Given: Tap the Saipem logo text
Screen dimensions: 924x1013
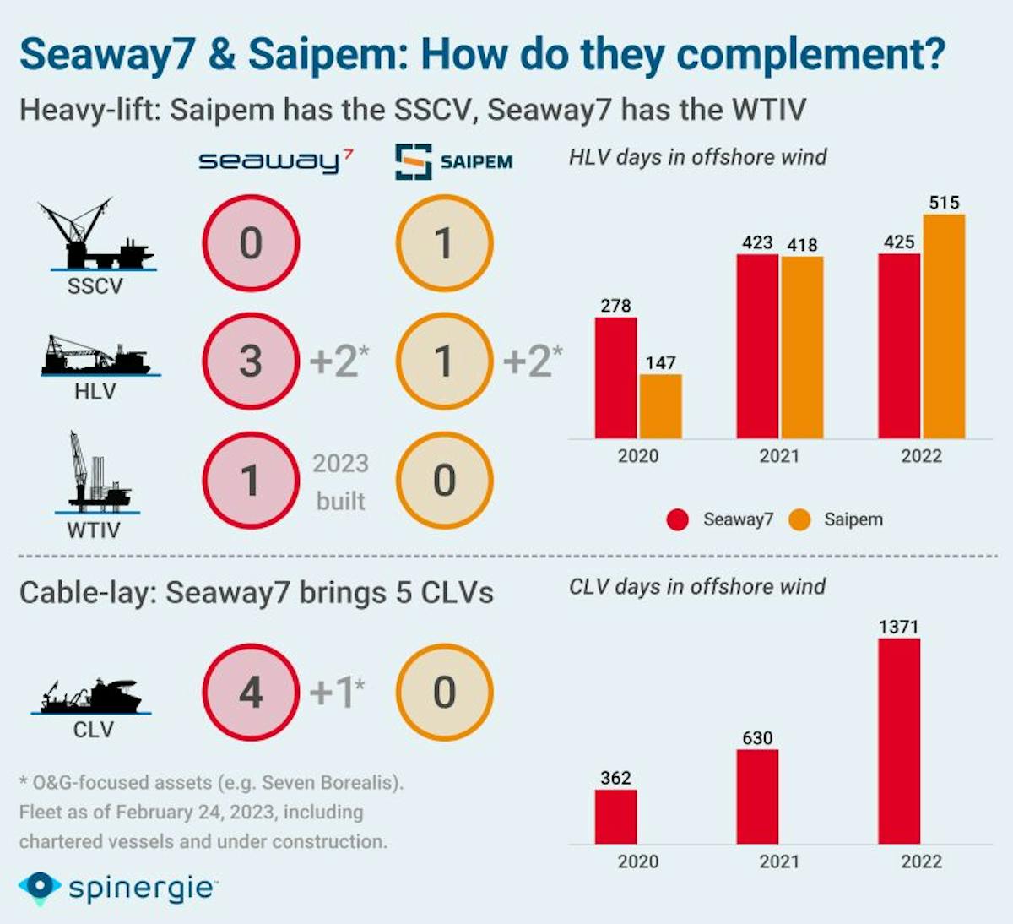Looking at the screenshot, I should tap(476, 162).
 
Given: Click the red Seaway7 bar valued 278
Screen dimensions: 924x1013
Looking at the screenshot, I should tap(615, 378).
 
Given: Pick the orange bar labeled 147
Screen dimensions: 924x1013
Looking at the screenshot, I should tap(660, 406).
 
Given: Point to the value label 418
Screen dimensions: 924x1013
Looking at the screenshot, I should tap(802, 245).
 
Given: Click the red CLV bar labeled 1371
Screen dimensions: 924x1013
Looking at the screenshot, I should tap(899, 741).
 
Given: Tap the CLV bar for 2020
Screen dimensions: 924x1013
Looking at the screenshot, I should tap(615, 816).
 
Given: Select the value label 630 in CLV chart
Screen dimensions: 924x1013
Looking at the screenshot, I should tap(757, 737).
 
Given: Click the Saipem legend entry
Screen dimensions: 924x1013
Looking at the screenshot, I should tap(837, 519).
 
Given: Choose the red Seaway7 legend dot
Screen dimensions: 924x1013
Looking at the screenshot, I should tap(677, 519).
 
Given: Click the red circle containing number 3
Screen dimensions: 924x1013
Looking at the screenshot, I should tap(251, 361).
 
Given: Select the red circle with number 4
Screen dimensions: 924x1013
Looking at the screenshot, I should tap(251, 693).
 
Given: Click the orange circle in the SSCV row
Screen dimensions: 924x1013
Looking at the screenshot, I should tap(444, 243).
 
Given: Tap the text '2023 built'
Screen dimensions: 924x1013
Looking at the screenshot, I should tap(340, 481).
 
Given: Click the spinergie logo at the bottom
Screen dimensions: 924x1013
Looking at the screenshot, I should tap(118, 888).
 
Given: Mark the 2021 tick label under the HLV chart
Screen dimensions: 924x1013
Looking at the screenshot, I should tap(778, 456).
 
